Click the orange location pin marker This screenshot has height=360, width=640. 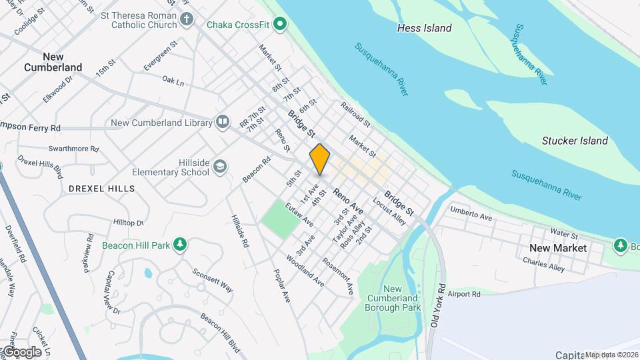(x=319, y=159)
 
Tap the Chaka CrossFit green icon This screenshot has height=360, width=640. (x=281, y=25)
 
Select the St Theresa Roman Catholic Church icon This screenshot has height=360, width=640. (x=186, y=20)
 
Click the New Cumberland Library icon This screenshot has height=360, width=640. (x=222, y=122)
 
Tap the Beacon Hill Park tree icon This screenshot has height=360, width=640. (x=179, y=245)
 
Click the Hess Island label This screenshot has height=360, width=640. (x=424, y=28)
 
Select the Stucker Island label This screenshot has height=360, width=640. (x=575, y=141)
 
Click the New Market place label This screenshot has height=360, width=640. (x=558, y=248)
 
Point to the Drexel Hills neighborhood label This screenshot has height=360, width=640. (x=102, y=189)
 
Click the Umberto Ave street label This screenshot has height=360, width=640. (x=471, y=213)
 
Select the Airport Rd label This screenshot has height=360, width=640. (x=465, y=293)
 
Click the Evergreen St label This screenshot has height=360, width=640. (x=160, y=56)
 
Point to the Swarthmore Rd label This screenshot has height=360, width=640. (x=73, y=149)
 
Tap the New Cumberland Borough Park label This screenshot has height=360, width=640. (x=393, y=298)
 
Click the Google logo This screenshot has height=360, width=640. (x=21, y=351)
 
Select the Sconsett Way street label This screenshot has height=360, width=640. (x=213, y=280)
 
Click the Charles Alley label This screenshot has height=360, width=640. (x=543, y=265)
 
